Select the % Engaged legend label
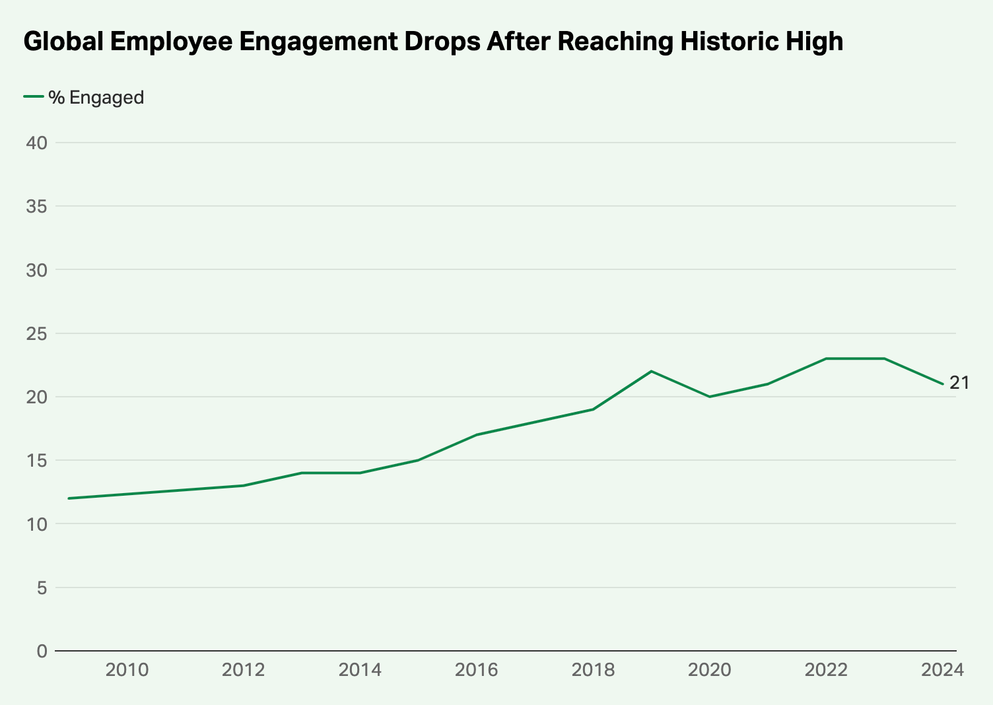(96, 98)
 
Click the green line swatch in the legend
(34, 97)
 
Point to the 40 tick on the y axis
(37, 143)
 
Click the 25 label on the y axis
(37, 333)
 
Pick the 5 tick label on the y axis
(42, 587)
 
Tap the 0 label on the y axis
(42, 651)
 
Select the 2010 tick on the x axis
(127, 670)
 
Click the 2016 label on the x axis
(476, 670)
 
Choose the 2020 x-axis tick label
(709, 670)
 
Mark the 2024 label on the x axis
(942, 670)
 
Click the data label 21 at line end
(959, 383)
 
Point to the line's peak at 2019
(651, 371)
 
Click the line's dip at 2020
(709, 397)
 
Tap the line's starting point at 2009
(69, 498)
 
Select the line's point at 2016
(476, 435)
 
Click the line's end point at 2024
(942, 384)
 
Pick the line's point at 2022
(826, 358)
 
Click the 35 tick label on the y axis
(37, 207)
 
